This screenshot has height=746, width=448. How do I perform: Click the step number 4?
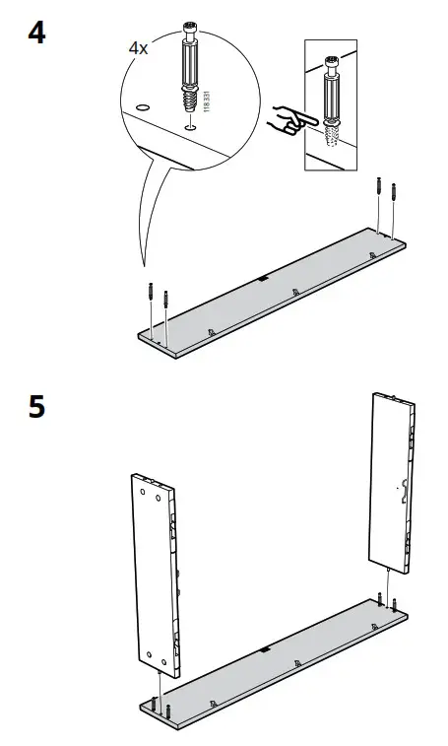point(36,32)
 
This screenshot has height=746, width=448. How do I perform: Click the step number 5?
point(36,406)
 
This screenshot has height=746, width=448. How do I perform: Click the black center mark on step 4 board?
point(263,279)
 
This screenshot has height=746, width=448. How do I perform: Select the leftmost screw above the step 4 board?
point(149,293)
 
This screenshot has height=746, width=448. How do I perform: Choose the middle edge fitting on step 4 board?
point(296,292)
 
